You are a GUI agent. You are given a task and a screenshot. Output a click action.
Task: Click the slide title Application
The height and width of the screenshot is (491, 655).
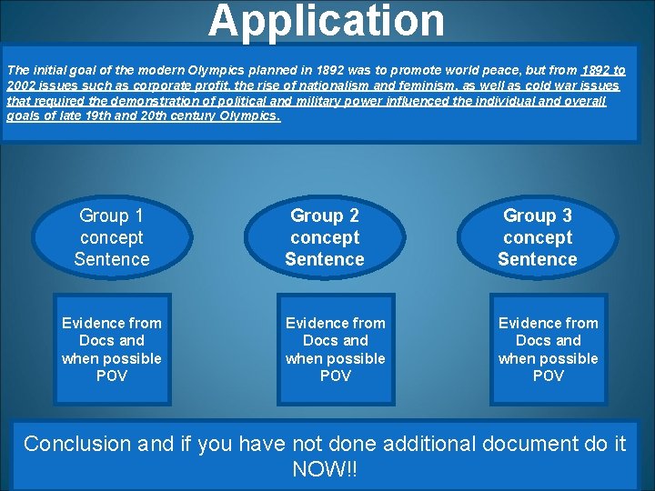(x=327, y=22)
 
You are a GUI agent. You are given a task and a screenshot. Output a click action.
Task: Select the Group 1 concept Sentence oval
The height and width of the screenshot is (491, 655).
(x=113, y=237)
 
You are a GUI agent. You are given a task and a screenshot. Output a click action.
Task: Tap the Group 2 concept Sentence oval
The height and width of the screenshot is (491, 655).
(x=325, y=237)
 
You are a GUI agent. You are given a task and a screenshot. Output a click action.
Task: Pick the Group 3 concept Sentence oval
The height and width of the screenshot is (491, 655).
(x=538, y=237)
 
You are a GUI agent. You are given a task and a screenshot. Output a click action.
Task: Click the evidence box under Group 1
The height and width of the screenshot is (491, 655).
(x=112, y=349)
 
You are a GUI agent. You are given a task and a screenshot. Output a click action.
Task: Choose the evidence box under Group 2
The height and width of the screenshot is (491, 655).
(x=336, y=349)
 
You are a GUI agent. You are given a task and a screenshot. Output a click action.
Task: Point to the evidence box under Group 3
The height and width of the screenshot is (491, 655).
(x=549, y=349)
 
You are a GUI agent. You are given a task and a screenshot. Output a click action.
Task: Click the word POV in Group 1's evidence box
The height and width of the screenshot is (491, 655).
(x=112, y=376)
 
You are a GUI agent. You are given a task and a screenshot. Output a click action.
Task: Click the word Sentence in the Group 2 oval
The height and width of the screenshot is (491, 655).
(x=325, y=259)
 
